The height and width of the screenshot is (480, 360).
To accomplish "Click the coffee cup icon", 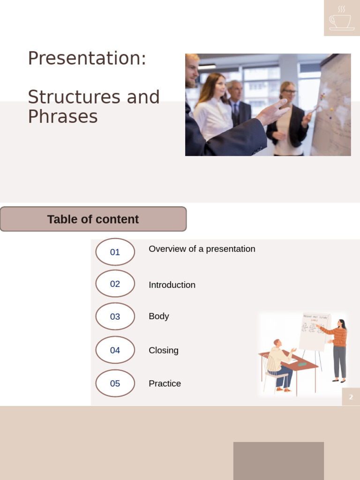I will coord(341,18).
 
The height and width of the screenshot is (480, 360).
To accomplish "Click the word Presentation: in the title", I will coord(87,58).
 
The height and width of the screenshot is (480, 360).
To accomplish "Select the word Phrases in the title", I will coord(62,116).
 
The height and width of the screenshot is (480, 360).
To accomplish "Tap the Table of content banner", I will coord(93,219).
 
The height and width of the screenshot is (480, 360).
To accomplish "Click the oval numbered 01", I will coord(115,252).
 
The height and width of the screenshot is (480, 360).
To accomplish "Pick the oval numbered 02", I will coord(115,284).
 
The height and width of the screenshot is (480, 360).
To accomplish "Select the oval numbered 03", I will coord(115,316).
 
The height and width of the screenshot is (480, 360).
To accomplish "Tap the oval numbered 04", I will coord(115,350).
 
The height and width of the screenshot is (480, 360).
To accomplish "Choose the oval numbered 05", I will coord(115,383).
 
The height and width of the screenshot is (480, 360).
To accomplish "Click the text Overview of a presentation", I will coord(202,249).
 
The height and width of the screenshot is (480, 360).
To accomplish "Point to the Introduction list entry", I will coord(172,285).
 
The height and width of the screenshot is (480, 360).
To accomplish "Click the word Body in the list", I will coord(158,316).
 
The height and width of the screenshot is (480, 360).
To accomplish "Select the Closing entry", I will coord(163,351).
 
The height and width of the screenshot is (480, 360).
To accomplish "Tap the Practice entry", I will coord(165,383).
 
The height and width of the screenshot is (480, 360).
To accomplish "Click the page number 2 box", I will coord(351,397).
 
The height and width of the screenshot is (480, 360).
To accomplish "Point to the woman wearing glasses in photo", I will coord(288,117).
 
